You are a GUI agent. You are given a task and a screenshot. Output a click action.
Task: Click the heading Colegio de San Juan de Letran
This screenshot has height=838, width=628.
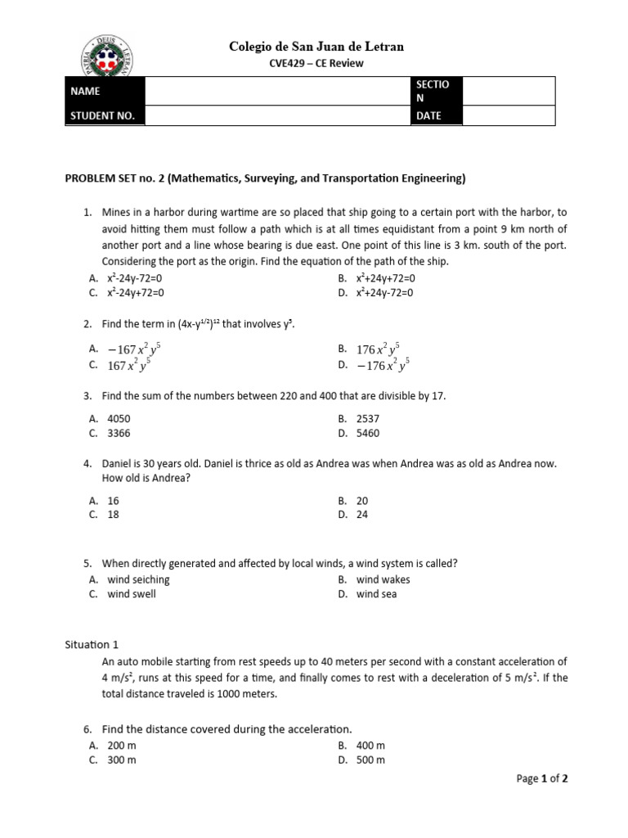[316, 47]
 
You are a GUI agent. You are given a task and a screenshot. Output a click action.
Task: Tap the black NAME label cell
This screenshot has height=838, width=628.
[105, 92]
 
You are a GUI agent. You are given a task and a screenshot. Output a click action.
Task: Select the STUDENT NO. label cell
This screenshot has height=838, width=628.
[105, 116]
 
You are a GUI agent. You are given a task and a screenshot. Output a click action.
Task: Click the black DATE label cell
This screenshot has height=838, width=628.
[437, 116]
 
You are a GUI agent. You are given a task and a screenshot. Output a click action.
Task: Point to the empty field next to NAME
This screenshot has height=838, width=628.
[278, 92]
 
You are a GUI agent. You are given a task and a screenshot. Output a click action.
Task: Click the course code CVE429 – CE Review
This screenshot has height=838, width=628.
[317, 64]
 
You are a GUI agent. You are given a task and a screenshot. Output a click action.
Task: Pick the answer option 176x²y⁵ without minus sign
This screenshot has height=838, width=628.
[378, 349]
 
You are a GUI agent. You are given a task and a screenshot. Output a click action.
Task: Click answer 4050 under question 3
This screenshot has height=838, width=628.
[119, 419]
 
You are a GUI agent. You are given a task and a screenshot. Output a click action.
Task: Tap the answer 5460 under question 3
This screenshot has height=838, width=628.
[368, 434]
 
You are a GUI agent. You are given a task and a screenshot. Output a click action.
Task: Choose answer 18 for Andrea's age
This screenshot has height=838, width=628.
[114, 515]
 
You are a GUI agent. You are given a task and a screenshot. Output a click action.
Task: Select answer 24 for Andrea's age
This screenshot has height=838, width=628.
[362, 515]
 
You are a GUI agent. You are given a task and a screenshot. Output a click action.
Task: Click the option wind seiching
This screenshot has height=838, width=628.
[138, 579]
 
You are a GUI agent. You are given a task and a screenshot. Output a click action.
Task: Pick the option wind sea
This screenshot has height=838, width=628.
[376, 594]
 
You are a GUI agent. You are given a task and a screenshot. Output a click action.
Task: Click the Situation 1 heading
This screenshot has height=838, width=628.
[92, 644]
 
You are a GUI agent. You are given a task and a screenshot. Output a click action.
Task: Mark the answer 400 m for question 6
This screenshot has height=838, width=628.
[370, 746]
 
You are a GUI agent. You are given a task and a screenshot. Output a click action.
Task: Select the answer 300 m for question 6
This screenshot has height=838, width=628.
[122, 760]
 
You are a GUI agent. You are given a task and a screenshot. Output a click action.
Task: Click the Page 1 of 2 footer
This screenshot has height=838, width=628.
[542, 779]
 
